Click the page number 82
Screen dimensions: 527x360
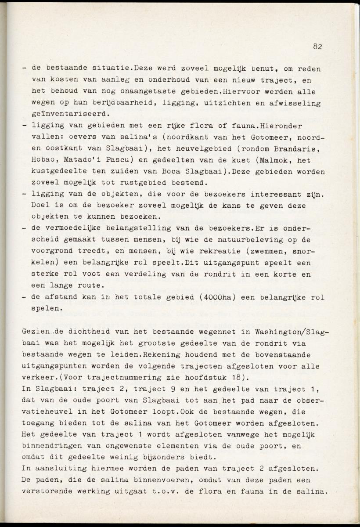pos(318,47)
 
